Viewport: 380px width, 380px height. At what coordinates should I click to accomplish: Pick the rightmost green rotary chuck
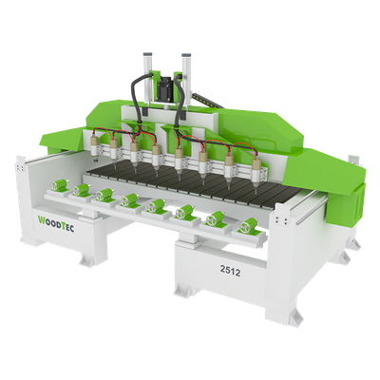[249, 226]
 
